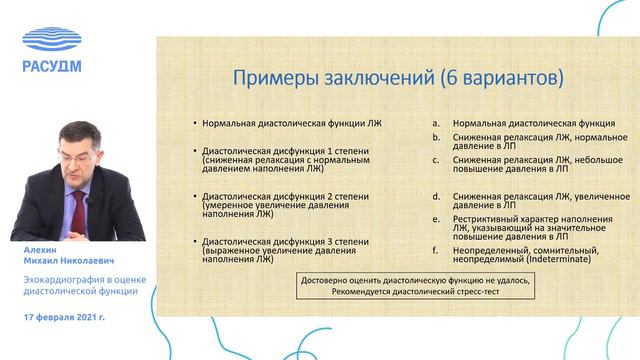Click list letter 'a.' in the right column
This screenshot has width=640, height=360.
[436, 121]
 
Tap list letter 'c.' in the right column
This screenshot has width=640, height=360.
[436, 158]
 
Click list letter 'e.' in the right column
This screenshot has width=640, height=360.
[436, 216]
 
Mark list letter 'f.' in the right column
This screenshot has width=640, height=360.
[436, 250]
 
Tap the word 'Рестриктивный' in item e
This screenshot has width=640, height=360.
[486, 216]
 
